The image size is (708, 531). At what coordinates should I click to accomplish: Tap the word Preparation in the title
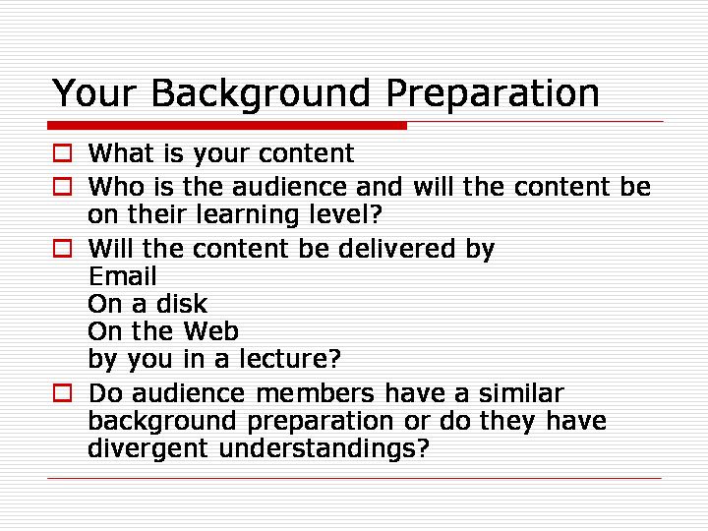click(493, 93)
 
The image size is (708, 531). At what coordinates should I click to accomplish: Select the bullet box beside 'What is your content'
click(62, 153)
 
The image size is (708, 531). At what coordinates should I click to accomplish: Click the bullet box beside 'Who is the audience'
click(62, 187)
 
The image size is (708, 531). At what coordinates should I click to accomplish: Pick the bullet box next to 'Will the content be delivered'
click(62, 249)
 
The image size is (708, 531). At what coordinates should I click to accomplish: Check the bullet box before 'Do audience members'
click(62, 392)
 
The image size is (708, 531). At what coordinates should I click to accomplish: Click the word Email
click(123, 276)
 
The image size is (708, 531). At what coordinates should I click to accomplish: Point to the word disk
click(182, 304)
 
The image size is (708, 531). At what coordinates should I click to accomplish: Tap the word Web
click(210, 331)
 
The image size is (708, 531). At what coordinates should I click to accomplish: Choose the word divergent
click(148, 448)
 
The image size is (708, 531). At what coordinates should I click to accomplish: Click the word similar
click(521, 392)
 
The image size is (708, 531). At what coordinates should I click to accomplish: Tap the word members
click(316, 392)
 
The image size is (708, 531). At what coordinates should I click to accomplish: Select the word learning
click(248, 214)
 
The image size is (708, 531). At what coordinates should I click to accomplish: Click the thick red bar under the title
click(227, 125)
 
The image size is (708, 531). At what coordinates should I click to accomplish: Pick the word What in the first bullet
click(121, 153)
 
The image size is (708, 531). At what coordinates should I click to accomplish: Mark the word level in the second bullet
click(339, 214)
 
